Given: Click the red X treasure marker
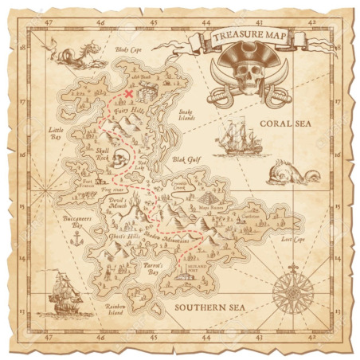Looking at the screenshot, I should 129,93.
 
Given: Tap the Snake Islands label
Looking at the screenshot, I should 186,114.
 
